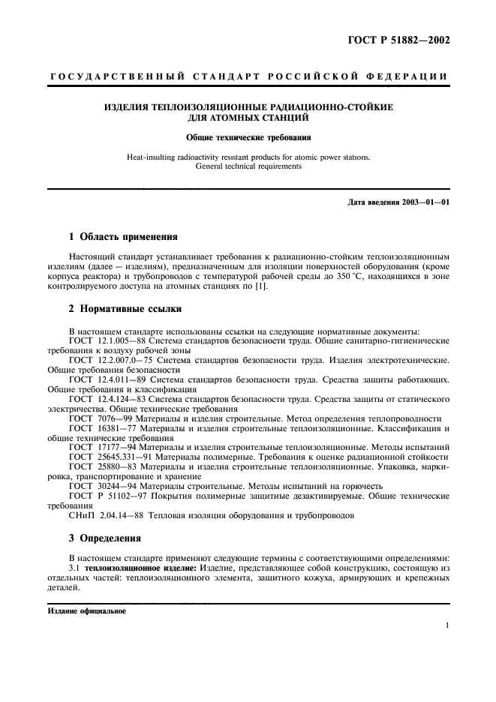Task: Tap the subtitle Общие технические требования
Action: (x=248, y=137)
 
